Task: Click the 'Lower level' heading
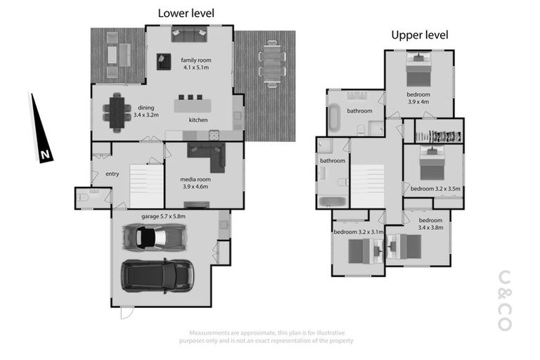(186, 13)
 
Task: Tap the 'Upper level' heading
(419, 34)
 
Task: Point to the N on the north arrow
(44, 154)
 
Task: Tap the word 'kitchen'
(198, 120)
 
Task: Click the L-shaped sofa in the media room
(207, 153)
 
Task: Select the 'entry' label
(112, 174)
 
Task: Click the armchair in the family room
(164, 62)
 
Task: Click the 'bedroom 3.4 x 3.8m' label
(432, 224)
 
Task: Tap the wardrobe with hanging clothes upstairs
(439, 131)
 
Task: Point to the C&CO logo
(504, 300)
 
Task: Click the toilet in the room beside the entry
(84, 198)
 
